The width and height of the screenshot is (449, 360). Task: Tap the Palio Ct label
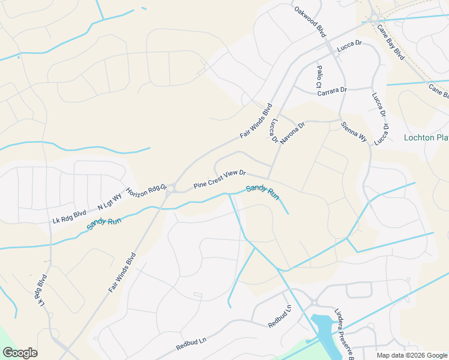tap(319, 78)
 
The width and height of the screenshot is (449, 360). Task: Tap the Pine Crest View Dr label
tap(220, 179)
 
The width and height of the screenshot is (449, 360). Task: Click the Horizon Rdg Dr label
tap(146, 192)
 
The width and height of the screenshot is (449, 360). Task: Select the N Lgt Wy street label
tap(110, 202)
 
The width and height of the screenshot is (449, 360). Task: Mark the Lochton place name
tap(426, 137)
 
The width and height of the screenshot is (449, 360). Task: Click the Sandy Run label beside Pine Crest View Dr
tap(262, 192)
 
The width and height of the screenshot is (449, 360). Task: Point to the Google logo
tap(20, 353)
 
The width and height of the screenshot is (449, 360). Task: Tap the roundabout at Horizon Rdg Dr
tap(170, 189)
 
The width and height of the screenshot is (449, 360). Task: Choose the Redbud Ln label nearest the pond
tap(280, 316)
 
